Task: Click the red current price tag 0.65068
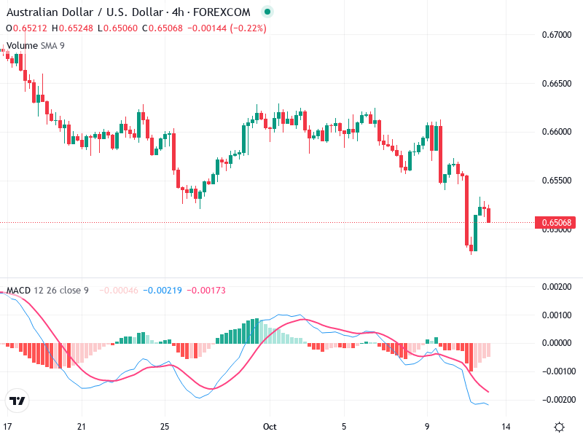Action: tap(557, 222)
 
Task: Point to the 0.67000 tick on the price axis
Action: tap(557, 35)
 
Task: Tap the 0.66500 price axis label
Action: tap(557, 84)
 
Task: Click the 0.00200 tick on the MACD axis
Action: tap(557, 287)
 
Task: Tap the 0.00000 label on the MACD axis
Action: tap(557, 343)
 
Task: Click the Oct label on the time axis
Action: tap(269, 427)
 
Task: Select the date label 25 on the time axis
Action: tap(165, 427)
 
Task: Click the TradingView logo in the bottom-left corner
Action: tap(17, 401)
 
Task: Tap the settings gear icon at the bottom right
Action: tap(559, 427)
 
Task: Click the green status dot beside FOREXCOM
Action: tap(267, 12)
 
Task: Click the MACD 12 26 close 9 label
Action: tap(47, 291)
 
